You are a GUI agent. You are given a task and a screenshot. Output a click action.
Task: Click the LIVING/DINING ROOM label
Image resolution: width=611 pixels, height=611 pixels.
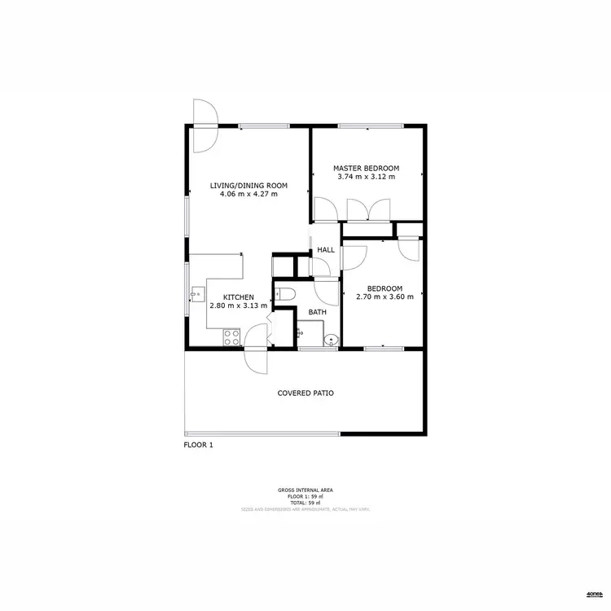[244, 186]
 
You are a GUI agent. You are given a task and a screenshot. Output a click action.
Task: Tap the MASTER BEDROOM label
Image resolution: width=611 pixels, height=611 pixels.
[366, 168]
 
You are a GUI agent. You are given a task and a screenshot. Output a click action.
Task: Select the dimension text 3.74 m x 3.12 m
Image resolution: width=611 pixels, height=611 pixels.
[366, 177]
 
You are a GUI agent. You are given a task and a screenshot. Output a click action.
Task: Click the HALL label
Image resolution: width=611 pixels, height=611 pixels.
[326, 250]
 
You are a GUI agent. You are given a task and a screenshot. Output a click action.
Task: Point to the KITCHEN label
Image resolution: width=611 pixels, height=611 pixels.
[240, 297]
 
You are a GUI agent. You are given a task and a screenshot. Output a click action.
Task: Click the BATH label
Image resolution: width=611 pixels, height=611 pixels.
[318, 312]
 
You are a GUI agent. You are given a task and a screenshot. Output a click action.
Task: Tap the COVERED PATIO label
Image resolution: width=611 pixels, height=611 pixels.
[305, 393]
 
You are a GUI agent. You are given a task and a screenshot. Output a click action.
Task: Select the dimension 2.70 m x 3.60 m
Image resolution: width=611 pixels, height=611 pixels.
[385, 297]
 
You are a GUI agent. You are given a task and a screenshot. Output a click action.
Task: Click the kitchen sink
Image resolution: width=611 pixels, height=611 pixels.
[196, 293]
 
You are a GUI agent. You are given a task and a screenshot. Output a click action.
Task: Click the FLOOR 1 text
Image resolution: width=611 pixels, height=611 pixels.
[198, 445]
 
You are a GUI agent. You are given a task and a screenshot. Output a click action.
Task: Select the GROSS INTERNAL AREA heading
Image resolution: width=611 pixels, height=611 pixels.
[305, 490]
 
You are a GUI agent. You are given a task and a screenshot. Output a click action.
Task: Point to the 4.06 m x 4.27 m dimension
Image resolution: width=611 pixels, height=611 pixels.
[244, 195]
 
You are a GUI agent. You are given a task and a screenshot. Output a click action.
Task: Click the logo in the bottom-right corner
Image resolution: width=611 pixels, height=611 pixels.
[594, 594]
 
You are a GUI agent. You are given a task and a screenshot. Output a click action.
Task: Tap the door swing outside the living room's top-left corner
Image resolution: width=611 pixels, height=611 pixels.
[204, 122]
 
